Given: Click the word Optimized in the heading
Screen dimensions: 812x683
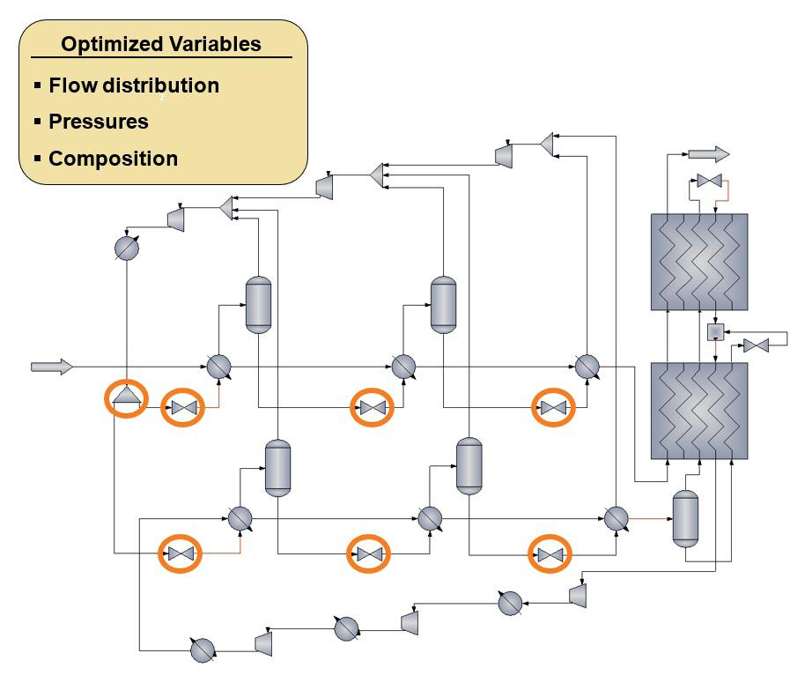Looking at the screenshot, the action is click(x=111, y=45).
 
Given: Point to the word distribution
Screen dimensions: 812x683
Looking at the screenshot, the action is click(x=161, y=85).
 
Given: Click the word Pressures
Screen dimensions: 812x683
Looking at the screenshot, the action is click(x=99, y=122).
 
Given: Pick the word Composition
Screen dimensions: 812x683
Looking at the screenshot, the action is click(x=114, y=159).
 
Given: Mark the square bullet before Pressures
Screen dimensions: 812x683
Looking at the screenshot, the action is click(x=37, y=122).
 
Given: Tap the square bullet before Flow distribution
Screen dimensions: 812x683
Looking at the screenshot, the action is click(x=37, y=85).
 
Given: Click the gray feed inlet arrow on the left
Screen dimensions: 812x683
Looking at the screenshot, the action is click(x=52, y=367).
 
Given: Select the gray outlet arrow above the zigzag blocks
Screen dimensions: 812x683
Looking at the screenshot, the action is click(x=708, y=154).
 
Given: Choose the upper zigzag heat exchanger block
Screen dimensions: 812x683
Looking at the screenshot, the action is click(x=699, y=262).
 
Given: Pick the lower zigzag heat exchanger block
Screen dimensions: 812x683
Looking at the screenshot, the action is click(x=699, y=411).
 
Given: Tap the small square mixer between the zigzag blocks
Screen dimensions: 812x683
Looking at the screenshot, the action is click(x=715, y=331).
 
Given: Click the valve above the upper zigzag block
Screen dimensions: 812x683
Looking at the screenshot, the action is click(x=710, y=181).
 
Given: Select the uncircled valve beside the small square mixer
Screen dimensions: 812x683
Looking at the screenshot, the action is click(x=756, y=345).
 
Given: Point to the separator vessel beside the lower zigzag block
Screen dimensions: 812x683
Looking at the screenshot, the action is click(x=685, y=519).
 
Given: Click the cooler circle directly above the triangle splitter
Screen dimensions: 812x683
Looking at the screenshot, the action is click(x=127, y=249).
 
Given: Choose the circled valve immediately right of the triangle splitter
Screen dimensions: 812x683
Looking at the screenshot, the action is click(x=184, y=408).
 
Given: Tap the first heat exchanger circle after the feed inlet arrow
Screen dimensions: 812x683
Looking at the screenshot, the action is click(x=218, y=367).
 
